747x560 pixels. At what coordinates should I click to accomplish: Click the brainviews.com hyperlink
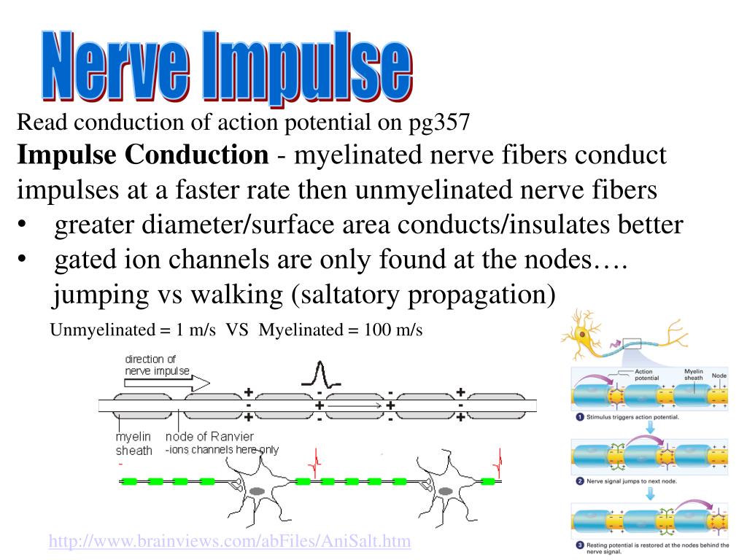(230, 541)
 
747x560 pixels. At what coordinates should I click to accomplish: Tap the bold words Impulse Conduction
(143, 155)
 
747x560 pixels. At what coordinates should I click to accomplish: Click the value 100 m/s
(390, 330)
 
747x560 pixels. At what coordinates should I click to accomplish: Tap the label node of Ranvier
(210, 437)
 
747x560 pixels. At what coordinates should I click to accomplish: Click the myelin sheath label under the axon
(133, 443)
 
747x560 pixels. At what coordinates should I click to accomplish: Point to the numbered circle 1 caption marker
(578, 417)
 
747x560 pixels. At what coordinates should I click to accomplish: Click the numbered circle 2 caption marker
(578, 482)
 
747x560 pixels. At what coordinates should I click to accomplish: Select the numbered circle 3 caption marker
(578, 545)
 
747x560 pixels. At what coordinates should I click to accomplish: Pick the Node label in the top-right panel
(719, 376)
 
